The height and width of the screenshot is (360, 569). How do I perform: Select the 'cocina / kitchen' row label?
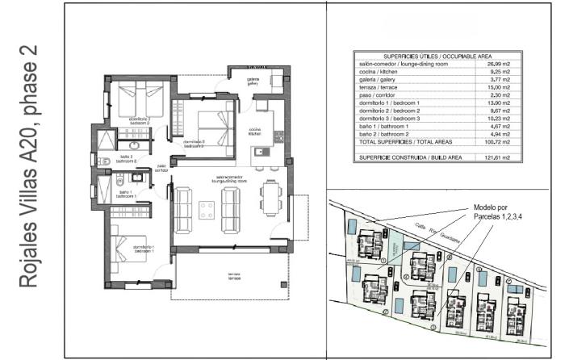click(x=381, y=72)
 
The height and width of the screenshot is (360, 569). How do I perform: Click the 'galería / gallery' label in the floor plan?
click(x=253, y=81)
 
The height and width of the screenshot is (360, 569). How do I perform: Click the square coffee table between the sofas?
click(x=207, y=207)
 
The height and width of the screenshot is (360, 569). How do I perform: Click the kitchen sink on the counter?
click(x=260, y=151)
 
